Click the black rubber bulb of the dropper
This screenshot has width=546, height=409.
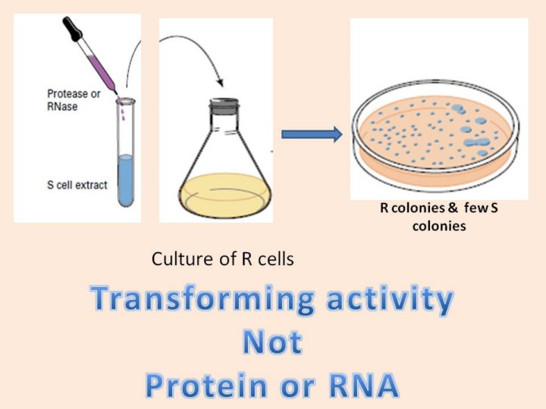point(72,29)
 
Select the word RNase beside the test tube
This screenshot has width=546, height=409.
point(62,106)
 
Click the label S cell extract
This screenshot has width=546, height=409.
point(77,185)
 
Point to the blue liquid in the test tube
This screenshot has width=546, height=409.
point(126,180)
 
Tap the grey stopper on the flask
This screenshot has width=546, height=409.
point(224,106)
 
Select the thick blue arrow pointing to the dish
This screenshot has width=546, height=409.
point(312,134)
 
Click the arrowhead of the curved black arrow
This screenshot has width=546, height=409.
point(220,83)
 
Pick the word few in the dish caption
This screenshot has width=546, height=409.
point(475,208)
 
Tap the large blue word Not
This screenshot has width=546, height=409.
point(272,342)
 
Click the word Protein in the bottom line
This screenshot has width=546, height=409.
point(206,386)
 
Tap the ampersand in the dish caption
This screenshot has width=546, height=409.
point(452,208)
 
